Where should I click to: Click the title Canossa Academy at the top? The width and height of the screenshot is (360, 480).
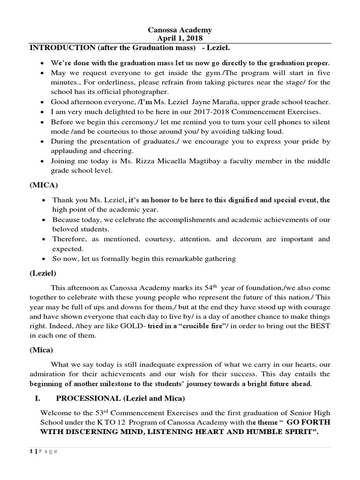180,30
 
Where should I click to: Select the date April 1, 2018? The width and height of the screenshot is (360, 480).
180,38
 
